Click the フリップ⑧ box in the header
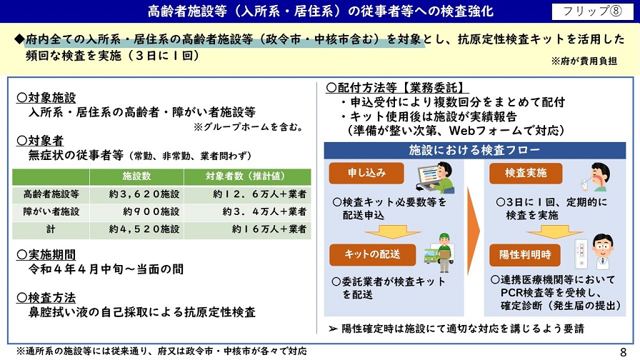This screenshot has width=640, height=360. (592, 11)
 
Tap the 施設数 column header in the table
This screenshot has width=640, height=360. (136, 176)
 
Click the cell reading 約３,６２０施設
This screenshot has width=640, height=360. (144, 194)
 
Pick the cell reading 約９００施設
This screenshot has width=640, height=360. (151, 212)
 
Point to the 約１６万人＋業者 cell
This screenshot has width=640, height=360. (269, 229)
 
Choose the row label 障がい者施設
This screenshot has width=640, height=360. (51, 212)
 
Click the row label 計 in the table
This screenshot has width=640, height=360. (51, 229)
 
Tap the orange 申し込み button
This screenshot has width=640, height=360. (366, 173)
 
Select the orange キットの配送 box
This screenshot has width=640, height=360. (372, 255)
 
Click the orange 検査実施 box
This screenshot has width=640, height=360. (526, 173)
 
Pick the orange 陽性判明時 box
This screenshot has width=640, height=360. (525, 255)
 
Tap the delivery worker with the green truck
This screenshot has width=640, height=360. (439, 253)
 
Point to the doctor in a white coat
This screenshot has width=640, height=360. (602, 251)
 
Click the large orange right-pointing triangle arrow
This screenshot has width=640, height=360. (473, 231)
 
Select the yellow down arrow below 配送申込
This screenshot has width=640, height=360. (393, 232)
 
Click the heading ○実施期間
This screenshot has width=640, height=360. (46, 255)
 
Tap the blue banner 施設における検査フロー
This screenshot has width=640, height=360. (474, 150)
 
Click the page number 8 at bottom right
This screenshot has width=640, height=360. (623, 352)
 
